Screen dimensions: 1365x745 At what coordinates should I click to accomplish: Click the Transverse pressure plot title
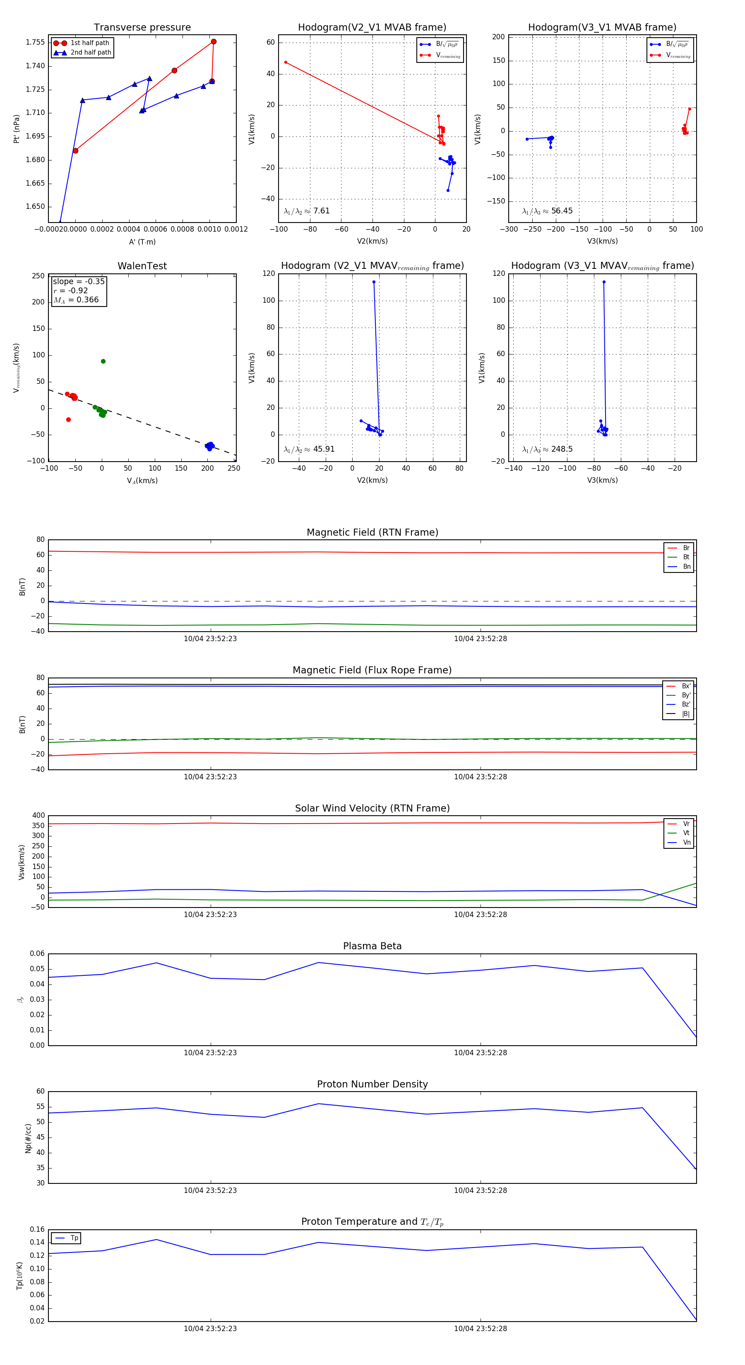[142, 28]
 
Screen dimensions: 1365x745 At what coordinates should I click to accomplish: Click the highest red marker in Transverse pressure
[214, 42]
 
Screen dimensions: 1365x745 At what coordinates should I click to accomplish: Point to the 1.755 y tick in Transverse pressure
[35, 42]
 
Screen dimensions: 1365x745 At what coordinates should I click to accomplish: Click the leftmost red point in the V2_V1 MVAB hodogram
[286, 62]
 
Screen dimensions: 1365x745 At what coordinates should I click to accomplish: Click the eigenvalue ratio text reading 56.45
[547, 211]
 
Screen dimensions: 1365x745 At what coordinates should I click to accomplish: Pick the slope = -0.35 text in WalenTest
[79, 281]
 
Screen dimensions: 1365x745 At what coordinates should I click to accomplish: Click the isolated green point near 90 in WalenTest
[103, 362]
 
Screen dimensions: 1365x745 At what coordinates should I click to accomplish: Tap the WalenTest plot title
[142, 266]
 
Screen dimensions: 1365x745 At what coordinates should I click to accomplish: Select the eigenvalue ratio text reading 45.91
[309, 449]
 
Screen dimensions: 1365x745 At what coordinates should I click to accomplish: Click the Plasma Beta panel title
[372, 946]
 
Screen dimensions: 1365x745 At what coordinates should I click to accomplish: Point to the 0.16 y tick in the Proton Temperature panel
[37, 1229]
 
